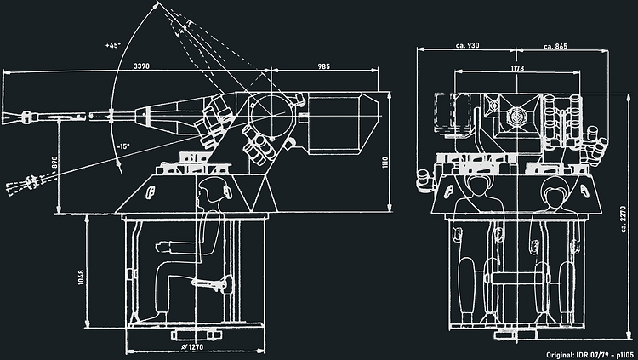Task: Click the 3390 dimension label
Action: pos(141,66)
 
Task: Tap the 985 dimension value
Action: pos(323,66)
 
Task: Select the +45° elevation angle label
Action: pos(113,45)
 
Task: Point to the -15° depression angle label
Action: pos(123,146)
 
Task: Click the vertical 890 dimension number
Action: pos(54,163)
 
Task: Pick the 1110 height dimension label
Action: pos(385,162)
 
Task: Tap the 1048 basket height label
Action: pos(81,277)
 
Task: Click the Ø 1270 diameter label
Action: pos(192,347)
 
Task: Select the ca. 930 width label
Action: pos(468,45)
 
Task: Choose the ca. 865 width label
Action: pos(555,46)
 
